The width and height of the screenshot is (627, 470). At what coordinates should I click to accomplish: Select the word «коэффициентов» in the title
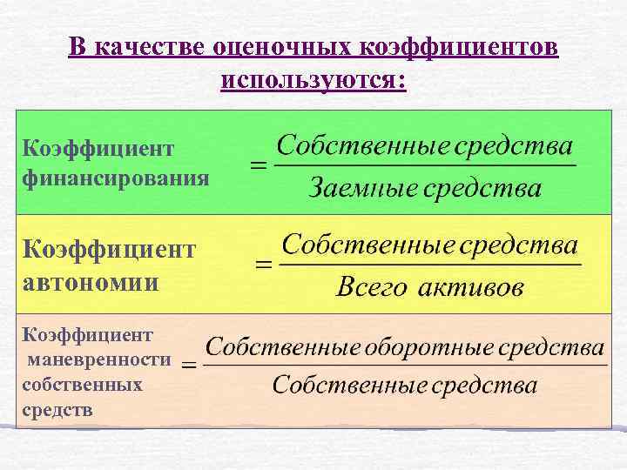point(458,47)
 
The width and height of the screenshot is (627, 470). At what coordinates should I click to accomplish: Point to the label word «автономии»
point(91,282)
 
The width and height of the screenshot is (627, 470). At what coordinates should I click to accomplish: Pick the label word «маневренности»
point(99,359)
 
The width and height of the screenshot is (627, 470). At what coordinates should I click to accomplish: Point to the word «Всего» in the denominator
point(371,288)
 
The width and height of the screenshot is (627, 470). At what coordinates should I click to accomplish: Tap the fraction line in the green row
point(424,165)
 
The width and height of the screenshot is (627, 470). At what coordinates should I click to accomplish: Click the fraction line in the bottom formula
point(405,366)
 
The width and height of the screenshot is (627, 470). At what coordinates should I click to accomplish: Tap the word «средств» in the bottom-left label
point(57,408)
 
